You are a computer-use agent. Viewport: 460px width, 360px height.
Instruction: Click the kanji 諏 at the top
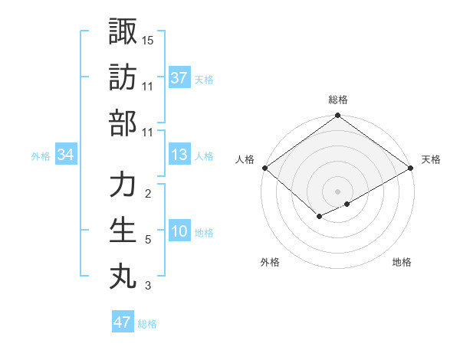click(x=123, y=31)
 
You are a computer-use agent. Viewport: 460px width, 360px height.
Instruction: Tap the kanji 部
click(x=123, y=122)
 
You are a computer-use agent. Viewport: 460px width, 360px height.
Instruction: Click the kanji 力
click(x=123, y=185)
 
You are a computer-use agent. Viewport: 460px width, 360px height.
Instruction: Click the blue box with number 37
click(x=179, y=78)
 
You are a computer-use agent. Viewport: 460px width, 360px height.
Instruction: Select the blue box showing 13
click(x=179, y=155)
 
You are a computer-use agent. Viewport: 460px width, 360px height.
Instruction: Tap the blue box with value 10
click(x=179, y=232)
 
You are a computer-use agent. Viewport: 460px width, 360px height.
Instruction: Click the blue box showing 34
click(x=66, y=155)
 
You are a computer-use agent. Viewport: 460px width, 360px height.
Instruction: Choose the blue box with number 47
click(x=122, y=322)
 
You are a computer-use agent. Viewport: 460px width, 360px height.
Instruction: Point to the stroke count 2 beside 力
click(x=147, y=193)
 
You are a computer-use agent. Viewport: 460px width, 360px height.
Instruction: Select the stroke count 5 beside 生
click(x=147, y=240)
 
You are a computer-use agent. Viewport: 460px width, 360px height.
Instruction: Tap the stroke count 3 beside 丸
click(x=147, y=286)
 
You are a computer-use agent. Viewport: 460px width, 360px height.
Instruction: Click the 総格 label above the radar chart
click(x=338, y=100)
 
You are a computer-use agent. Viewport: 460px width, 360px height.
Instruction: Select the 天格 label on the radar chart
click(x=432, y=159)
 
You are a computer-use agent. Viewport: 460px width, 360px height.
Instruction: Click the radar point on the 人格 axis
click(x=264, y=169)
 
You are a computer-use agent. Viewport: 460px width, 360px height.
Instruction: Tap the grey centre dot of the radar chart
click(x=338, y=191)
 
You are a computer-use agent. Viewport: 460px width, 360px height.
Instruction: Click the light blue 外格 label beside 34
click(x=41, y=156)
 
